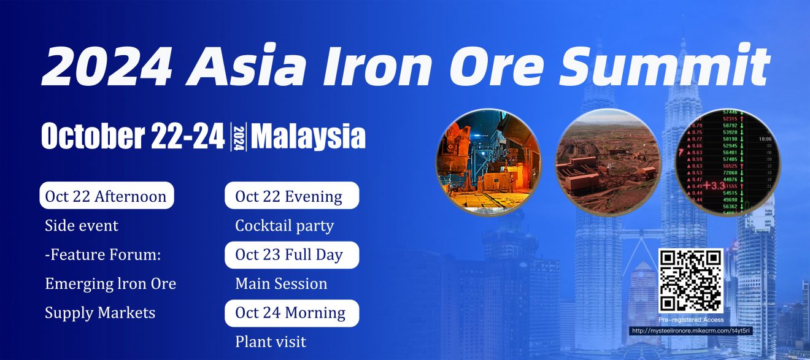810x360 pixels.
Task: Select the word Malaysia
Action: point(308,136)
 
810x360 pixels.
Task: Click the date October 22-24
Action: point(133,136)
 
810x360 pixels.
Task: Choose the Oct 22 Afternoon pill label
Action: point(106,196)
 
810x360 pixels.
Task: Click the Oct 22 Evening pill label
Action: point(289,196)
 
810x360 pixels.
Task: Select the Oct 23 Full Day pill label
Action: point(289,255)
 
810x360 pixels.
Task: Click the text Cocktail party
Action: point(284,226)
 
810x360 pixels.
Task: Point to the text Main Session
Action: point(281,284)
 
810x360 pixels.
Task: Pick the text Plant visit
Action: point(271,342)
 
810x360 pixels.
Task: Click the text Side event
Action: point(82,226)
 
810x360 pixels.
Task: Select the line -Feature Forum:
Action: point(103,255)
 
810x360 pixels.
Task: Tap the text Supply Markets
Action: point(100,313)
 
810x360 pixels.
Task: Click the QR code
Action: point(690,280)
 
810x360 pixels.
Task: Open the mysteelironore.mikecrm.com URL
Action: point(691,331)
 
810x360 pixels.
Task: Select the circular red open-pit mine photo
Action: point(607,161)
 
